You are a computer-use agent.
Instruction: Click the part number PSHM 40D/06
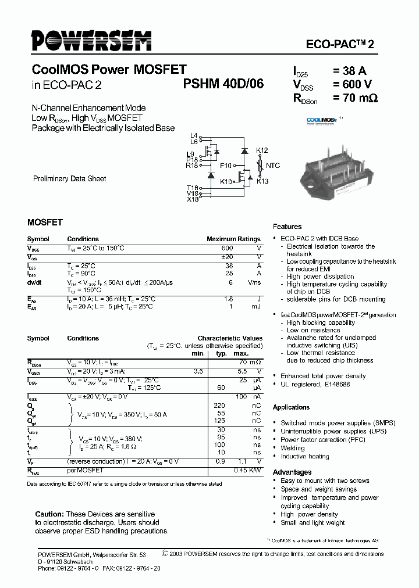tap(223, 84)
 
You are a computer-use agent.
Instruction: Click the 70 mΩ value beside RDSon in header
tap(355, 98)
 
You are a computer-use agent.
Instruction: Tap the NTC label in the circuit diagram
tap(273, 166)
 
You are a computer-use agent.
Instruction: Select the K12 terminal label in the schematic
tap(262, 150)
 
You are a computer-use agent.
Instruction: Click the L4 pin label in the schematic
tap(194, 135)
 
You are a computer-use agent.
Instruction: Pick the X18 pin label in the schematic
tap(193, 199)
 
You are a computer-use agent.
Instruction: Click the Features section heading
tap(287, 227)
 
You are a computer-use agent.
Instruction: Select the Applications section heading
tap(291, 407)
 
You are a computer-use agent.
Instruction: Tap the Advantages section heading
tap(292, 472)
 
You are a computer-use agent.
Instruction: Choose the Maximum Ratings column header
tap(233, 239)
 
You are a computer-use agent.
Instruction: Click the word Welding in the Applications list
tap(292, 448)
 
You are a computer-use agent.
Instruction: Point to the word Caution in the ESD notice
tap(49, 514)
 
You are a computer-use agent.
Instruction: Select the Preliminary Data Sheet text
tap(69, 179)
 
